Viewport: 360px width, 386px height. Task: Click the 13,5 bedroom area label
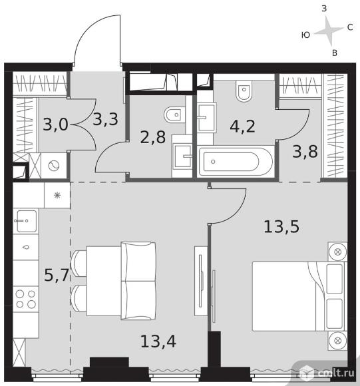281,227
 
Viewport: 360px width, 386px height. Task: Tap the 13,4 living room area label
158,341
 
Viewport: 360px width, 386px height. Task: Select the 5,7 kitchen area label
57,275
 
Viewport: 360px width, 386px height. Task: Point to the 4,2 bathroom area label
242,126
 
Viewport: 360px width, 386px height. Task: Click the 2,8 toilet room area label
153,137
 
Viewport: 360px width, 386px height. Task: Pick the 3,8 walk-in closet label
305,151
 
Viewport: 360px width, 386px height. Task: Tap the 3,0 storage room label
55,124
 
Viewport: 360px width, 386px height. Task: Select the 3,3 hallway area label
106,119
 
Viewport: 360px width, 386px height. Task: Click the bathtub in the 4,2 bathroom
236,162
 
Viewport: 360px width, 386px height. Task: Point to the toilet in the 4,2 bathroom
244,91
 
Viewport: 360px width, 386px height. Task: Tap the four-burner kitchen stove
25,299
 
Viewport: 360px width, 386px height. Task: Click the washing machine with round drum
54,166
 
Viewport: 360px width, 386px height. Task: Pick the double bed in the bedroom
299,296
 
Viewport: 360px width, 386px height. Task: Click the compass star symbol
329,31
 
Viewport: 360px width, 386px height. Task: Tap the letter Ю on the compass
305,35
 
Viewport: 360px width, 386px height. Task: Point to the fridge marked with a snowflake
57,195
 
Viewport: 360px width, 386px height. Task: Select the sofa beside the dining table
138,281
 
